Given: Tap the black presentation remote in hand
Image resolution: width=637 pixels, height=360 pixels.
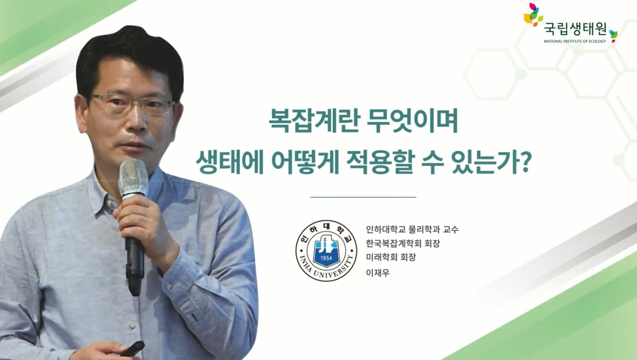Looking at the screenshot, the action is coord(133,348).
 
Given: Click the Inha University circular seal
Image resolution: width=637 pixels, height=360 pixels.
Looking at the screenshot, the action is coord(326,251).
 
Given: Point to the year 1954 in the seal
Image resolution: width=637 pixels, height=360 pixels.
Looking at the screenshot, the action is coord(326,259).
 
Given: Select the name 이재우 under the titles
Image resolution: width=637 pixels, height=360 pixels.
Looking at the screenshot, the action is coord(378,273).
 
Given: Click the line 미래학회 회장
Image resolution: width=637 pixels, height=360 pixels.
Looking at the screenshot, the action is coord(391,257).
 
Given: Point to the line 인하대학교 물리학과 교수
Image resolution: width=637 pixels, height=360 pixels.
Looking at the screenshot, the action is coord(412,229).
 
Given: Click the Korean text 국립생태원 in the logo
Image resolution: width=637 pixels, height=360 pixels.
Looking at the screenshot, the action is coord(575,30).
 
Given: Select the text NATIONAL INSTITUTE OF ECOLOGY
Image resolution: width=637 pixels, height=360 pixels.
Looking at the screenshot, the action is coord(575,41).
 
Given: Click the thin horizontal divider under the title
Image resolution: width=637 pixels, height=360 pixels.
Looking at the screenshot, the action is coord(363,197).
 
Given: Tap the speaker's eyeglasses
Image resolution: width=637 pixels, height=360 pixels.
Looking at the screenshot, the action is coord(132,103).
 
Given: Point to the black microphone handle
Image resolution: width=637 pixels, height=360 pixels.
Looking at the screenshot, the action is coord(133,260).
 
